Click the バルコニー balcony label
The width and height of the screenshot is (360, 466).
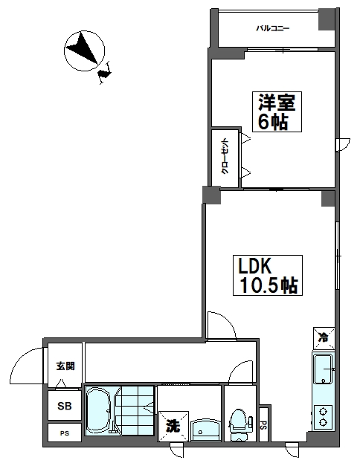click(273, 28)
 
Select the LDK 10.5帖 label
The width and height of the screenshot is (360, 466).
click(267, 275)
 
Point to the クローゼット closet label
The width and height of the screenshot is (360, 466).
click(224, 157)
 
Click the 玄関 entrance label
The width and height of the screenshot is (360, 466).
click(65, 366)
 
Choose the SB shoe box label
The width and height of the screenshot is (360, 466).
click(65, 406)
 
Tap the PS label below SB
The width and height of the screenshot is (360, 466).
click(65, 433)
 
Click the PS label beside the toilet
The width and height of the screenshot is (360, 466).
click(263, 426)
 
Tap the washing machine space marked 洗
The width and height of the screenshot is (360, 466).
click(173, 426)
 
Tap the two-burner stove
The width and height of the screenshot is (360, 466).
click(324, 416)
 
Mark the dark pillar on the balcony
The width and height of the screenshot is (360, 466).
click(327, 19)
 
